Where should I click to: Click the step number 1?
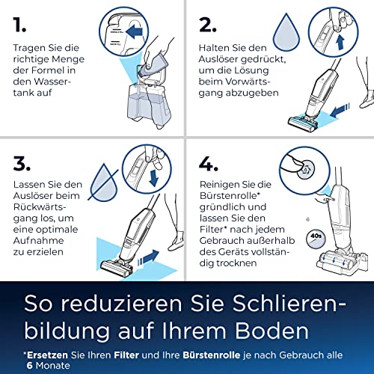(19, 25)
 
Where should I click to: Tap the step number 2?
(207, 25)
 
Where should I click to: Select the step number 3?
(22, 164)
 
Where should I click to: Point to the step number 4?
(209, 164)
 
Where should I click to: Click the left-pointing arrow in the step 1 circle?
(134, 31)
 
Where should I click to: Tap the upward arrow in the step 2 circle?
(340, 42)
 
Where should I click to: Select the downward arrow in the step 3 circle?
(153, 178)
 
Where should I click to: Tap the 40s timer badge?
(316, 239)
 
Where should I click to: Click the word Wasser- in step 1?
(53, 82)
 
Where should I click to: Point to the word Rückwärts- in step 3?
(40, 207)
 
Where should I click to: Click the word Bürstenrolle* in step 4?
(230, 196)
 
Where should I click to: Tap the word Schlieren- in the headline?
(289, 304)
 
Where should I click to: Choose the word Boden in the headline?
(272, 331)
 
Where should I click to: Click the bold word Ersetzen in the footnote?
(47, 355)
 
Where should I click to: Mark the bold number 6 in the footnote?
(30, 366)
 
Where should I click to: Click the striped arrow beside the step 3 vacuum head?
(148, 257)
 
